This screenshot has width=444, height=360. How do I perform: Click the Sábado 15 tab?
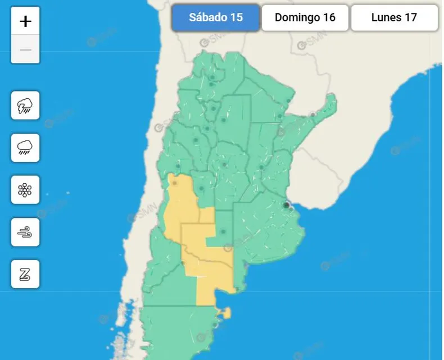click(x=216, y=17)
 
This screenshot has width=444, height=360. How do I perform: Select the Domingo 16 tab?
click(x=305, y=17)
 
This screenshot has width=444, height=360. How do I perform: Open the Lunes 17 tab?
click(x=394, y=17)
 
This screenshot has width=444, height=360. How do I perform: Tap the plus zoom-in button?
click(x=25, y=21)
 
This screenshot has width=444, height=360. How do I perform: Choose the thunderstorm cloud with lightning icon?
click(x=25, y=105)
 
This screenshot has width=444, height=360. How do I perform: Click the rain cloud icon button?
click(x=25, y=148)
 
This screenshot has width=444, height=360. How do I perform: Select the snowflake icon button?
click(x=25, y=190)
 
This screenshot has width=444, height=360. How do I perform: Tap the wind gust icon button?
click(x=25, y=232)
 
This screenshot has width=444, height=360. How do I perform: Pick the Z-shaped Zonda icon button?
click(x=25, y=274)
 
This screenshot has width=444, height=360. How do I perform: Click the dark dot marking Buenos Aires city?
click(x=287, y=206)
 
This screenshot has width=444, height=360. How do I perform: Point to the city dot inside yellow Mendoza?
click(x=175, y=183)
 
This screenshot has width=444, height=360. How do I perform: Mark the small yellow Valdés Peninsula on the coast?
click(x=225, y=312)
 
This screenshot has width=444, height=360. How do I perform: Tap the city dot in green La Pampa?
click(x=223, y=231)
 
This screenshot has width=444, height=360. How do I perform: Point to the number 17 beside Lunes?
click(x=411, y=17)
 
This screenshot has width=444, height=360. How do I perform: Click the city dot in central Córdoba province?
click(x=224, y=165)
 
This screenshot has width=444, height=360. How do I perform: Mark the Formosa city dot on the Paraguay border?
click(x=289, y=102)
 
